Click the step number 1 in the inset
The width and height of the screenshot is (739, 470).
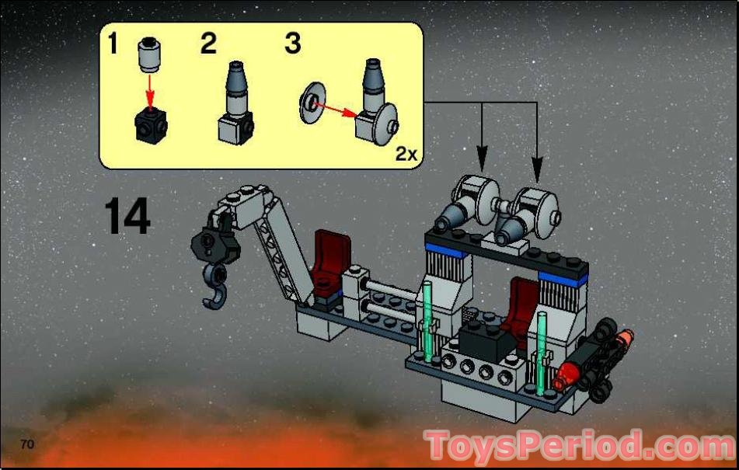(x=113, y=44)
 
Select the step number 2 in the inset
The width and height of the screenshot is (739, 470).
(x=207, y=44)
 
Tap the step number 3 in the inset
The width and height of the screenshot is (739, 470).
(x=292, y=44)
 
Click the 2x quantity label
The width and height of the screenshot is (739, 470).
(x=406, y=154)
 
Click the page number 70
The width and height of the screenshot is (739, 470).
(x=28, y=444)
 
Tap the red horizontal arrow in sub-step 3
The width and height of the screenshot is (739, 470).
(x=334, y=110)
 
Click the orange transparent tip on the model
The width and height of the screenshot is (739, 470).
(x=625, y=339)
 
